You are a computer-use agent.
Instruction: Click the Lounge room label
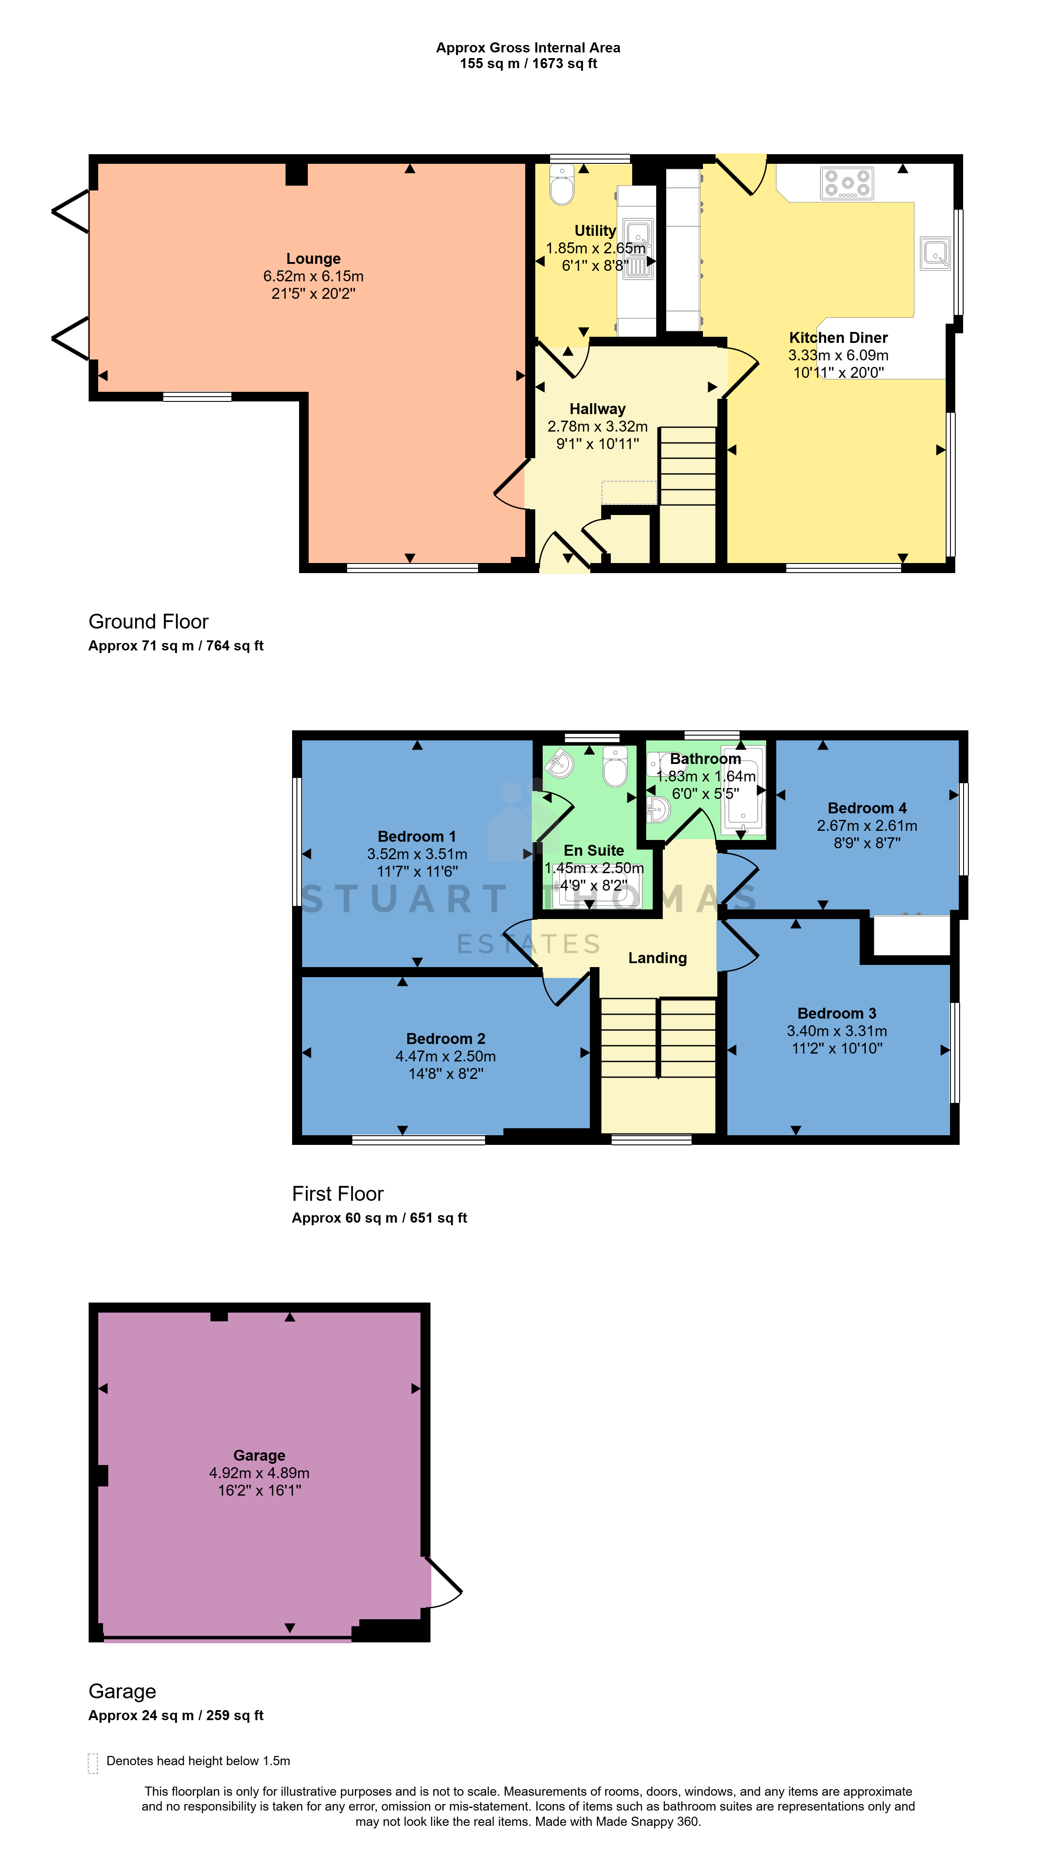coord(313,259)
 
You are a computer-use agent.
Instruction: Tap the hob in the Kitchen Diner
coord(847,183)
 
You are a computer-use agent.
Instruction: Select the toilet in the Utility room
coord(562,184)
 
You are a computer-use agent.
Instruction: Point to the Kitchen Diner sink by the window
coord(935,253)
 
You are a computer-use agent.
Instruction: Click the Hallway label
coord(597,409)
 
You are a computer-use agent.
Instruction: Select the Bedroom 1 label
coord(417,836)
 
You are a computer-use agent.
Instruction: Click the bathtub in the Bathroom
coord(743,789)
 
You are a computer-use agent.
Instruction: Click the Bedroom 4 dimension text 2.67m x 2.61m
coord(867,826)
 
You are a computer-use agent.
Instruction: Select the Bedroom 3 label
coord(837,1013)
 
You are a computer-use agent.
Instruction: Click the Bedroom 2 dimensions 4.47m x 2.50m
coord(446,1056)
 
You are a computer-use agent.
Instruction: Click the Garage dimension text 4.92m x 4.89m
coord(259,1473)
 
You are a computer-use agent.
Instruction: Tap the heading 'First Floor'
coord(337,1193)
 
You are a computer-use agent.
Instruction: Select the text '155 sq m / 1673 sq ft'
coord(528,64)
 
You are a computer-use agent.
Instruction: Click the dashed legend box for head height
coord(93,1763)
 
